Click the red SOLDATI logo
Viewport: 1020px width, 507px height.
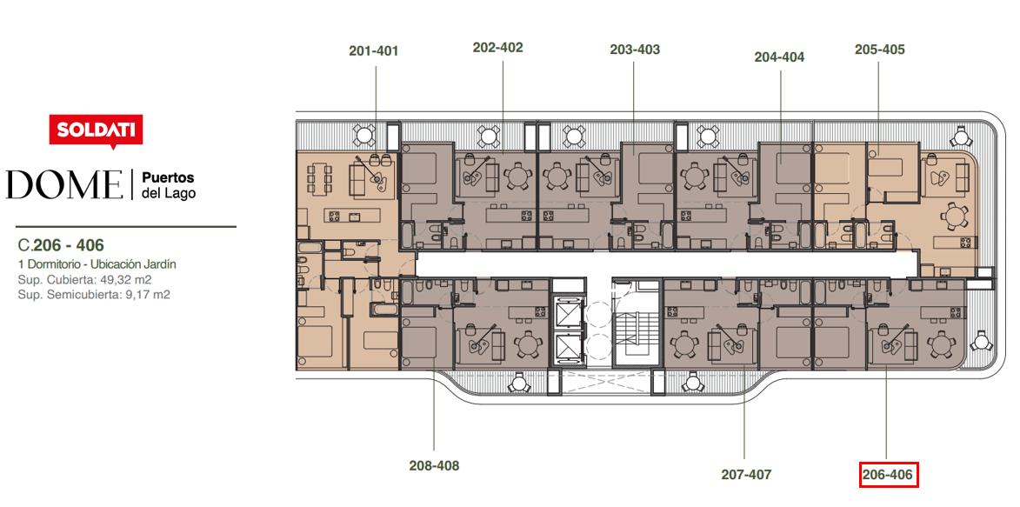point(97,131)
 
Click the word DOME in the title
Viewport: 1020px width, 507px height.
point(64,185)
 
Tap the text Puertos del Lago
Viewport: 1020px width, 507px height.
point(168,185)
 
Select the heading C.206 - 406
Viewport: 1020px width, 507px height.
point(61,245)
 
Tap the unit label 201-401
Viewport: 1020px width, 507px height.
point(373,50)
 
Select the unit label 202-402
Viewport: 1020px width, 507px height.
point(497,48)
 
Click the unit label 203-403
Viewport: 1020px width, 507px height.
point(635,50)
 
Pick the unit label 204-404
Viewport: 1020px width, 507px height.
point(779,57)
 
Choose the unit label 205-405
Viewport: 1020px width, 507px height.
point(879,50)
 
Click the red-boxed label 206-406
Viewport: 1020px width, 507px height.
point(889,475)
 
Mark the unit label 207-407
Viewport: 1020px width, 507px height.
point(746,475)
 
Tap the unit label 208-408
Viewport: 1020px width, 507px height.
point(434,465)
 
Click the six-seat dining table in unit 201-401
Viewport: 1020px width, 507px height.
point(319,177)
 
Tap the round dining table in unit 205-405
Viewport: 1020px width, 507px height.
point(953,216)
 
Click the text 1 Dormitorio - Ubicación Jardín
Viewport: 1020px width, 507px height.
point(97,264)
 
